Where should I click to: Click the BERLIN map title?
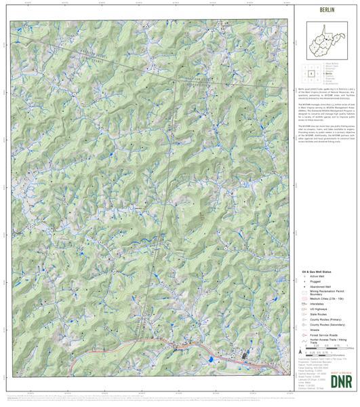click(327, 12)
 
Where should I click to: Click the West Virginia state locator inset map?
click(326, 40)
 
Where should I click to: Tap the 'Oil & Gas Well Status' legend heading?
click(317, 271)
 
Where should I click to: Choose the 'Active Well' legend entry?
click(317, 277)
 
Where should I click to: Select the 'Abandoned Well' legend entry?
click(319, 286)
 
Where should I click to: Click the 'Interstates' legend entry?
click(317, 304)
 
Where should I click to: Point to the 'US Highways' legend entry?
click(319, 309)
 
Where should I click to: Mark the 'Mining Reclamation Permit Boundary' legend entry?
click(324, 292)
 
